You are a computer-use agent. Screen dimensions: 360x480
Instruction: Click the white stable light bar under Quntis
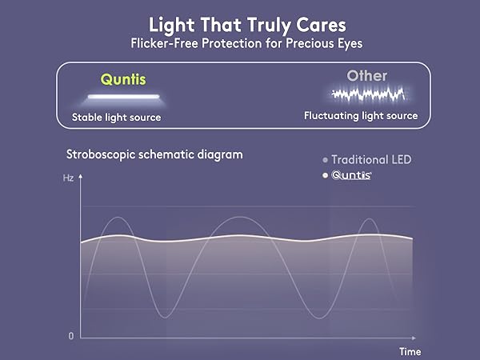tap(123, 97)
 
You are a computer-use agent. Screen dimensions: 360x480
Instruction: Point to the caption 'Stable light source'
tap(116, 118)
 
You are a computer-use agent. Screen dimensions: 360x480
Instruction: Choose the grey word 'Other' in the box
tap(366, 77)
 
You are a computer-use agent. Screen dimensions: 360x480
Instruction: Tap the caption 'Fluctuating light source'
tap(361, 116)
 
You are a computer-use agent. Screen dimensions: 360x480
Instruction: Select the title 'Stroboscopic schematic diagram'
tap(152, 154)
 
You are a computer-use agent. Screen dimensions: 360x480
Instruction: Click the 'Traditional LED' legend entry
tap(371, 159)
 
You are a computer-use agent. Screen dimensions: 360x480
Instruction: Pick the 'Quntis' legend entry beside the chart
tap(351, 175)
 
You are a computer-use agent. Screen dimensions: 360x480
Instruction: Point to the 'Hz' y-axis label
tap(68, 178)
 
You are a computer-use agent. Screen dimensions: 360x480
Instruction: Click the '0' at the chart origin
tap(70, 336)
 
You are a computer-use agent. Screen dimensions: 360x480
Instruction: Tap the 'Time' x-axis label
tap(410, 350)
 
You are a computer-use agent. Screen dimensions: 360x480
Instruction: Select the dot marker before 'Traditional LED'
tap(325, 160)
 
